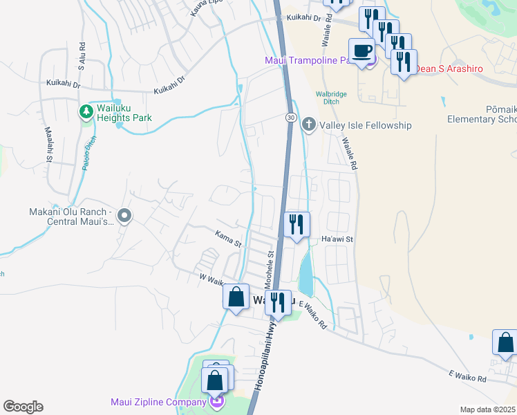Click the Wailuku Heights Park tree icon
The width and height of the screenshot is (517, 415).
[x=86, y=111]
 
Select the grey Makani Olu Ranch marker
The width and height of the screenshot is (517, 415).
[x=124, y=216]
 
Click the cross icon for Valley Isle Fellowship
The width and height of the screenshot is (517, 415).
[x=308, y=125]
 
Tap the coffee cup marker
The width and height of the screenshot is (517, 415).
[x=362, y=51]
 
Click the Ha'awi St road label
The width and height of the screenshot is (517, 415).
[x=337, y=239]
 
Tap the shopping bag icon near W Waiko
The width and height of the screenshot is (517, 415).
[x=236, y=297]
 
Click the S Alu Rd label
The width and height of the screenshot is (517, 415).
[x=82, y=62]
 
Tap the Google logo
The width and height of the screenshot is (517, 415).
[x=23, y=407]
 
